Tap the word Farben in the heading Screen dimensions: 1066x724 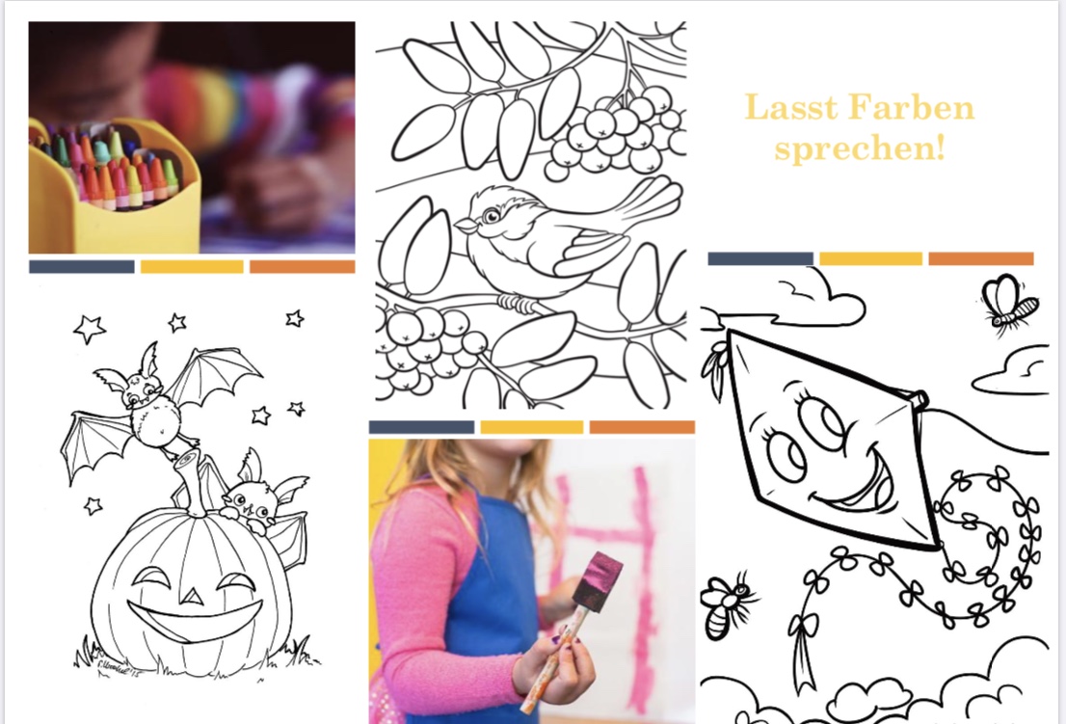(x=912, y=107)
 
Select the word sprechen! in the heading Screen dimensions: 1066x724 (x=860, y=147)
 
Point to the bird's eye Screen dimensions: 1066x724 (x=492, y=216)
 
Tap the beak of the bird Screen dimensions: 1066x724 (x=466, y=225)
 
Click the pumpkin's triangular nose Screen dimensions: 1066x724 (x=193, y=596)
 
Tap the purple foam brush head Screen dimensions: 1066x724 (x=598, y=576)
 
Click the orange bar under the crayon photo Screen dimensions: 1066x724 (x=302, y=267)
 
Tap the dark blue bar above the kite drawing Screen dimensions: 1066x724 (x=760, y=258)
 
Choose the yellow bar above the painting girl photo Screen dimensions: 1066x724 (x=532, y=427)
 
